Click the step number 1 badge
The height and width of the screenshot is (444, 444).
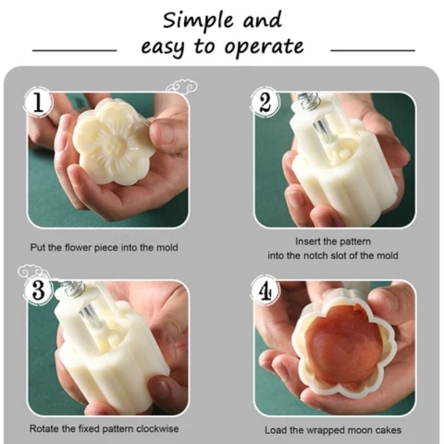38,102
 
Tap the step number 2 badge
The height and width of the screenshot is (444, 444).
265,102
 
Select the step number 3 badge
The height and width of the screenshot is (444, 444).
39,290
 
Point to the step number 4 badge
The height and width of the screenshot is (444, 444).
265,290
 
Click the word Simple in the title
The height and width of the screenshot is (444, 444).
198,21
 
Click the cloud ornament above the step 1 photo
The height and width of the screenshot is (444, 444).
182,87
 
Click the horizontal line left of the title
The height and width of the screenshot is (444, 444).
74,51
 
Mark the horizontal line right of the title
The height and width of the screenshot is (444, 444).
372,51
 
